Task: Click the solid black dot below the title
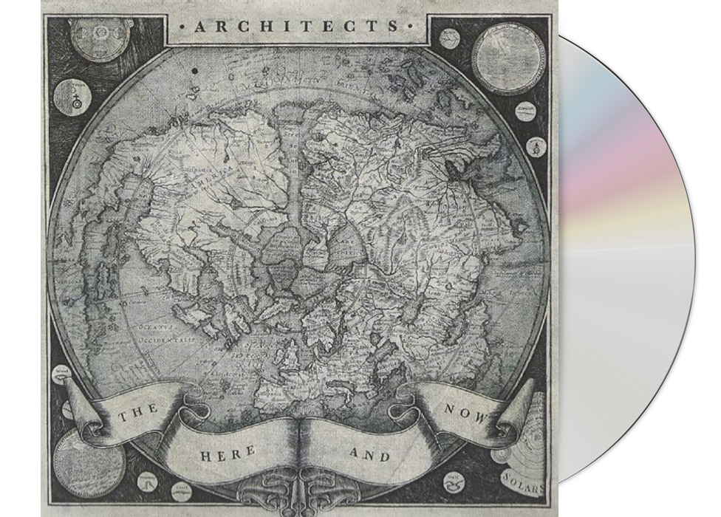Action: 195,71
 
